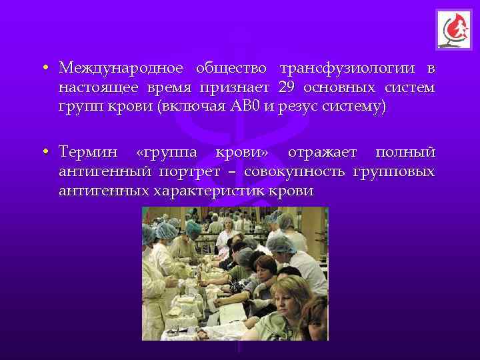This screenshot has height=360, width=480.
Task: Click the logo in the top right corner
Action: pyautogui.click(x=453, y=30)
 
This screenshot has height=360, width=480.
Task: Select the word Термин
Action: pyautogui.click(x=86, y=153)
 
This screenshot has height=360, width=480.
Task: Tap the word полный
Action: pyautogui.click(x=406, y=153)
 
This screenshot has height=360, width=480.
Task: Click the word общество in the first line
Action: pyautogui.click(x=231, y=69)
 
